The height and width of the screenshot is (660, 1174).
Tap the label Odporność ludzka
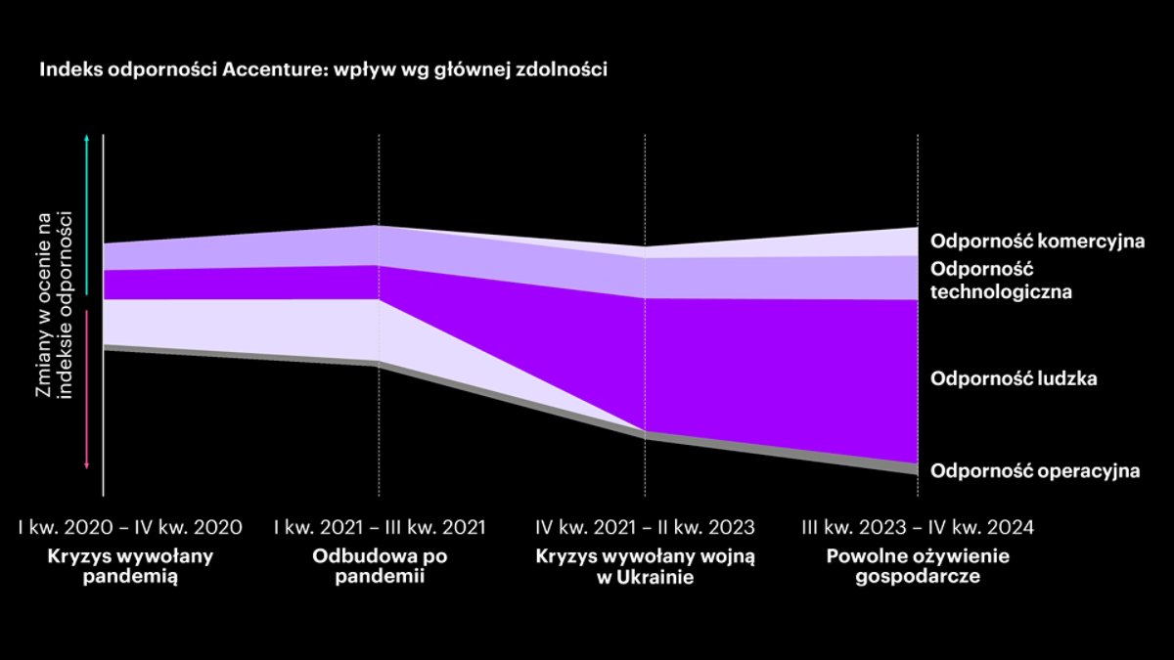point(1013,378)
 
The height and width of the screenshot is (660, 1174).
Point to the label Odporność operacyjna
point(1035,470)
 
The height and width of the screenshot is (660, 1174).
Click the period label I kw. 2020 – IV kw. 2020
point(130,528)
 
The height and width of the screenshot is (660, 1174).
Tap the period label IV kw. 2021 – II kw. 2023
point(646,528)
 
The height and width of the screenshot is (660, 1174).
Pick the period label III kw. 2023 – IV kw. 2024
point(918,528)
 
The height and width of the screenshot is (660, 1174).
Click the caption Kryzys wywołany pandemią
point(130,566)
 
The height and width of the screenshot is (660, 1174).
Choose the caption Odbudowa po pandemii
point(380,566)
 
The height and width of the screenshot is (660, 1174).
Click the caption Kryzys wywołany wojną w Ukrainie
point(646,566)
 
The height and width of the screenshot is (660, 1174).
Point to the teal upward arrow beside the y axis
point(88,215)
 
